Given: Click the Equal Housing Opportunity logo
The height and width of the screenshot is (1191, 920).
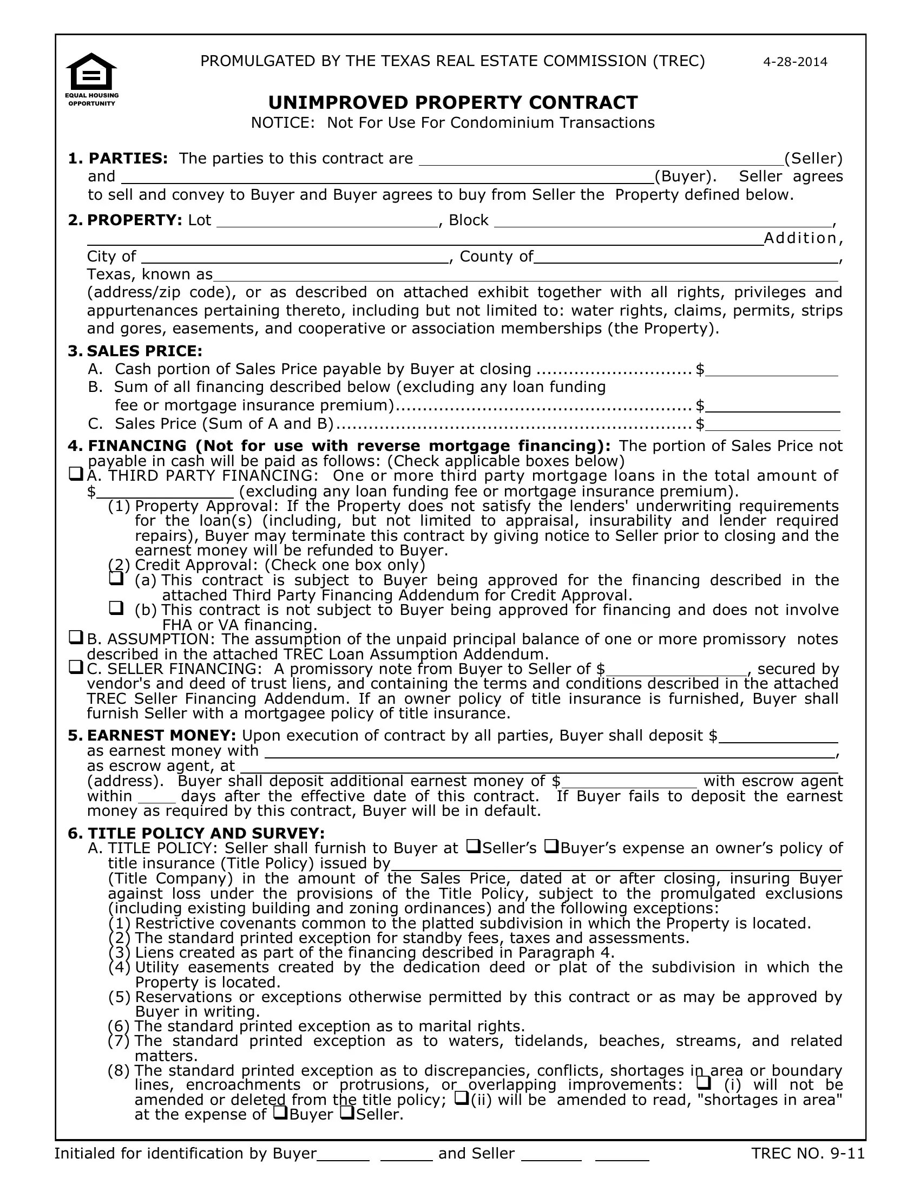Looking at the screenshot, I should tap(91, 79).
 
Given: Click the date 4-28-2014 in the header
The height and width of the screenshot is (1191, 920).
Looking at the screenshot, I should tap(794, 62).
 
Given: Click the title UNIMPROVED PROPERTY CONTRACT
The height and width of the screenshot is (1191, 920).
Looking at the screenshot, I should tap(453, 102).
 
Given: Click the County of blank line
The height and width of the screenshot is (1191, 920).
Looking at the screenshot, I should tap(686, 258).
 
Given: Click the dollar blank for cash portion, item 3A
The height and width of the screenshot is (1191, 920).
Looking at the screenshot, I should tap(771, 371).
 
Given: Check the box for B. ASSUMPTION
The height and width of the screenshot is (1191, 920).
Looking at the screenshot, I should tap(76, 637).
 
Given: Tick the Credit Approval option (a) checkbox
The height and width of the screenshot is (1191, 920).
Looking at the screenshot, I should tap(116, 578).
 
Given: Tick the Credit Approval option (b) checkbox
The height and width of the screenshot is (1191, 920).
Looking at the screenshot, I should tap(116, 607).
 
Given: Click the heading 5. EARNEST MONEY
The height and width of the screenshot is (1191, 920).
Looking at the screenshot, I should tap(152, 736).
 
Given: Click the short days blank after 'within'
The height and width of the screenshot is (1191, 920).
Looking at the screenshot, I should tap(157, 798).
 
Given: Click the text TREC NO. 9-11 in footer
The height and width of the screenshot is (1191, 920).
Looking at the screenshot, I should tap(808, 1154).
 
